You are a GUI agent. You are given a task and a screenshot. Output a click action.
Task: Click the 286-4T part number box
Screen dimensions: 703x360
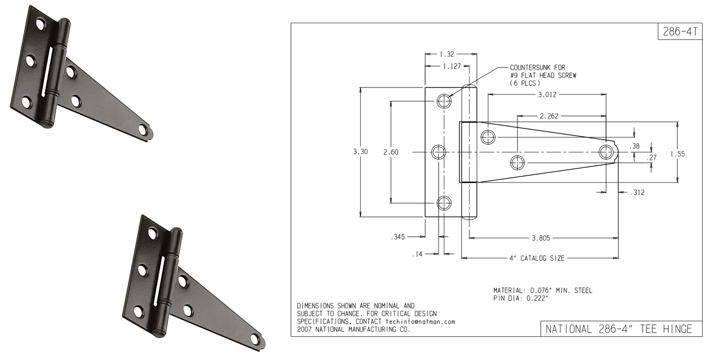coord(680,31)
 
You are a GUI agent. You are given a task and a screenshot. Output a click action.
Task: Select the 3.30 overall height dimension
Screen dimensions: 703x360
coord(360,152)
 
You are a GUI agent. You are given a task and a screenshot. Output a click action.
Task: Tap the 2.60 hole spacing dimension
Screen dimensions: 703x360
coord(391,152)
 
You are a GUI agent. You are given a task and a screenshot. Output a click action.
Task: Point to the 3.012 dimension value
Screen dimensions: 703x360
coord(547,95)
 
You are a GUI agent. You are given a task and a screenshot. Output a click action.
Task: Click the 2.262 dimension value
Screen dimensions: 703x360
coord(549,116)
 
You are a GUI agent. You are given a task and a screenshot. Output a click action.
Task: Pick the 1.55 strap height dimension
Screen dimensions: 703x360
coord(678,154)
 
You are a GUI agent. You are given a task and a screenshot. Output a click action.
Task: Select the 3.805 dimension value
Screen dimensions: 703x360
coord(541,238)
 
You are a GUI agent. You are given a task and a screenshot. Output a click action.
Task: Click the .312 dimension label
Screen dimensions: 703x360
coord(637,193)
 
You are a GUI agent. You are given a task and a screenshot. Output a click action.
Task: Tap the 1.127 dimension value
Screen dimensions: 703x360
coord(452,66)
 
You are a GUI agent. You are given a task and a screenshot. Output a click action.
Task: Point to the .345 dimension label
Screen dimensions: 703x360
coord(398,237)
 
